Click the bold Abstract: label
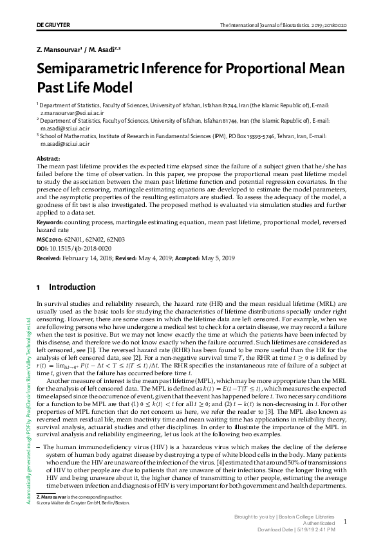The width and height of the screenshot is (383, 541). coord(49,158)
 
